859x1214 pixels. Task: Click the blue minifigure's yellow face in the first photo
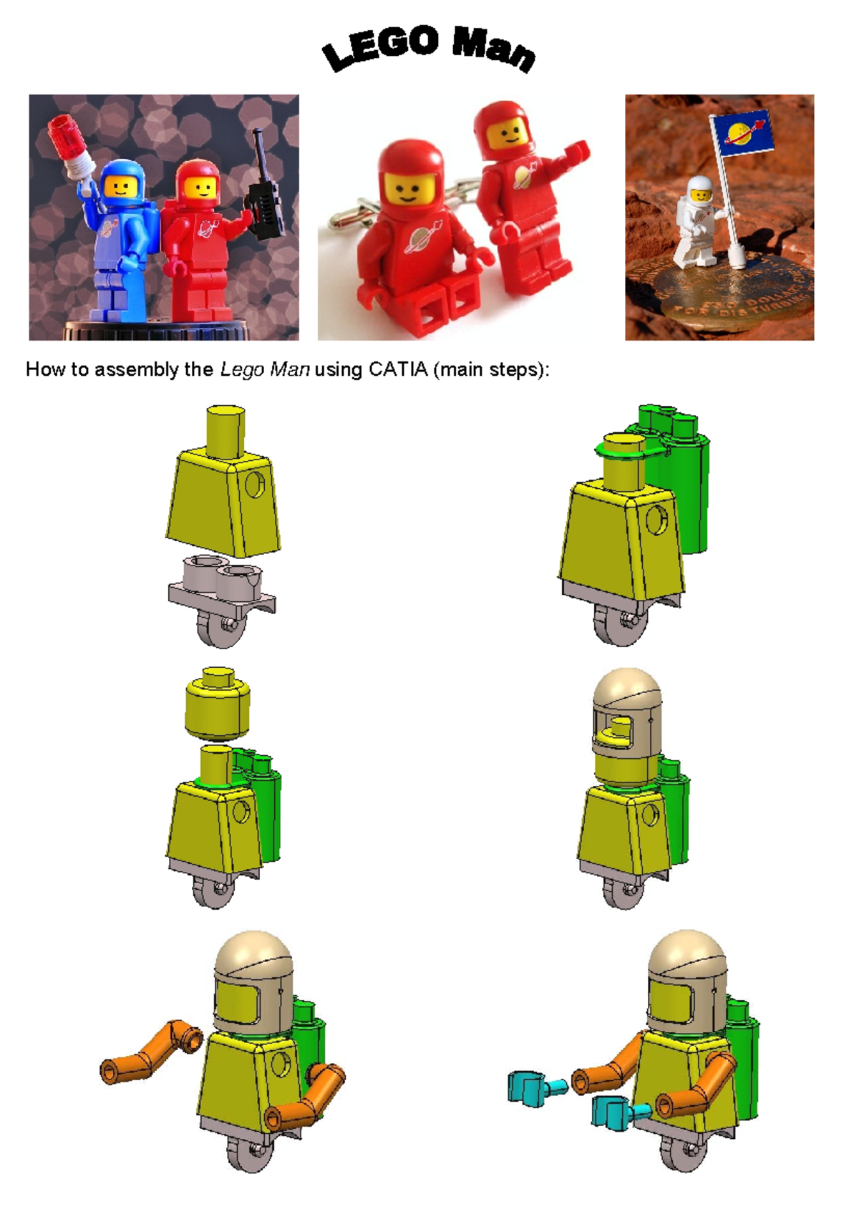coord(120,187)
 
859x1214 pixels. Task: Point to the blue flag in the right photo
coord(742,133)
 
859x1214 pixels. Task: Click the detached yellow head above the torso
coord(218,705)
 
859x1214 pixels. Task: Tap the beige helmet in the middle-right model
coord(627,716)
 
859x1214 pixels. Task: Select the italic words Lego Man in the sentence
coord(264,369)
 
